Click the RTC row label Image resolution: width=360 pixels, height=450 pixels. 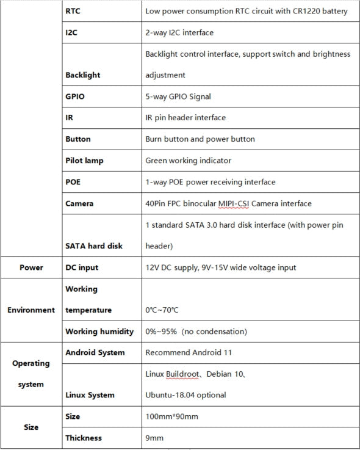click(x=73, y=11)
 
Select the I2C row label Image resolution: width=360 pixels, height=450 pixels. click(x=71, y=32)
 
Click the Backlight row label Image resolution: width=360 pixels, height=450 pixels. click(x=82, y=75)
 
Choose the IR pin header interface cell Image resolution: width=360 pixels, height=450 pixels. click(x=185, y=118)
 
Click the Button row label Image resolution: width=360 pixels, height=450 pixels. click(x=78, y=139)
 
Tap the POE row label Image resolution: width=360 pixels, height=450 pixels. click(x=73, y=182)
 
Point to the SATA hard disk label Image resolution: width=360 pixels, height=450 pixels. click(x=93, y=246)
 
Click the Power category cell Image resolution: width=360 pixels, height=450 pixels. click(x=31, y=267)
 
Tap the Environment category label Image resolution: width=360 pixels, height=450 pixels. click(x=31, y=310)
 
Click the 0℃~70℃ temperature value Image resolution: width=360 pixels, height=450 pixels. click(x=162, y=310)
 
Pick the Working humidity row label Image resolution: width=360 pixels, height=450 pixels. click(x=99, y=332)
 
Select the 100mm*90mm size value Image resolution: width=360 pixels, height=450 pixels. click(x=171, y=416)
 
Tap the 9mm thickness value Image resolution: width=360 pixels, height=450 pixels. click(x=154, y=438)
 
